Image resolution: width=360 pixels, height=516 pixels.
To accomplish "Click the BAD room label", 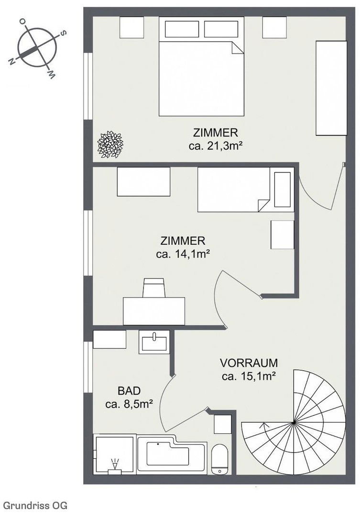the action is coord(129,391).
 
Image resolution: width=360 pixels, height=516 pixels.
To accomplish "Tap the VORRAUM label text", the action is coord(249,363).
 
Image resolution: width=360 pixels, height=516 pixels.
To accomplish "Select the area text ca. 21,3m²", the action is coord(216,146).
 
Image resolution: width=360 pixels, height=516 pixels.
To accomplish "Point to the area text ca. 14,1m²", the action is coord(183,254).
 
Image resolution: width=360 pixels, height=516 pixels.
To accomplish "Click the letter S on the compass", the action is coord(63,33).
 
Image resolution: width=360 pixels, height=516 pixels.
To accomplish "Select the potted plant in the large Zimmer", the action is coord(110,144).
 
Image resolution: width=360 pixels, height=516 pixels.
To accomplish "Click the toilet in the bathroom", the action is coord(220,459).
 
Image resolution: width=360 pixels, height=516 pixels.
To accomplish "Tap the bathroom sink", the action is coord(154,342).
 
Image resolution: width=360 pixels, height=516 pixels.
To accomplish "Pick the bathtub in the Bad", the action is coord(172,454).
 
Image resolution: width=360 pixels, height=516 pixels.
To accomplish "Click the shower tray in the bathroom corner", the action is coord(115,454).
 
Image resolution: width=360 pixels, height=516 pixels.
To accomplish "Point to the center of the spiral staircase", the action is coord(294,422).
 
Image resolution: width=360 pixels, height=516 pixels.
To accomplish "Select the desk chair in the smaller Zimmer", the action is coord(153,288).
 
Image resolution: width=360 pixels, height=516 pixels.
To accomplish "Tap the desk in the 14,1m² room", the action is coord(154,311).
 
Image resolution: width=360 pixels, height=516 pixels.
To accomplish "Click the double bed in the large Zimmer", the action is coord(202,66).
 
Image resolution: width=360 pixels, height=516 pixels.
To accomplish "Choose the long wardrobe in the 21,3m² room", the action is coord(331,88).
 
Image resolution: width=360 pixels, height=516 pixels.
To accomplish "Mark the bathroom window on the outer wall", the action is coord(88,367).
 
